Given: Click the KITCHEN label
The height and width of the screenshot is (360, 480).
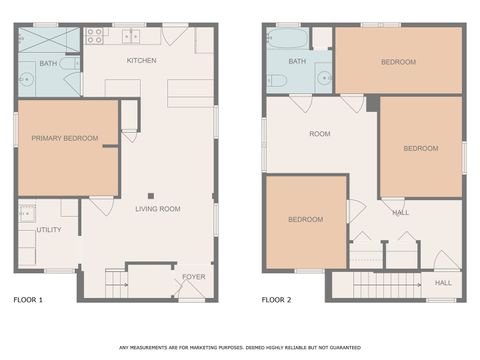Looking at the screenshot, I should [x=140, y=62].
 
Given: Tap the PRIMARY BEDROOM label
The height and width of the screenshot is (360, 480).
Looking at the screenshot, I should [x=64, y=138].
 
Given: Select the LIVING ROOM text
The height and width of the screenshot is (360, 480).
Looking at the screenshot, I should [x=157, y=209].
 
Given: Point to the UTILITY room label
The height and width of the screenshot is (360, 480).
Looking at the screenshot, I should [x=49, y=230].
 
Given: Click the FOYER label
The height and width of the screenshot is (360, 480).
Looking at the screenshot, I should [x=192, y=279].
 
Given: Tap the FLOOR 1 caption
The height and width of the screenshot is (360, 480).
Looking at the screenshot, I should [x=27, y=299].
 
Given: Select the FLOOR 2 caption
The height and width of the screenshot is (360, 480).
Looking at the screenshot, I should [x=277, y=299].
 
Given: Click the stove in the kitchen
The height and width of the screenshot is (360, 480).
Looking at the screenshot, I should [x=96, y=36].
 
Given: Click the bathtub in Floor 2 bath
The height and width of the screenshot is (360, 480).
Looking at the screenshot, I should [x=289, y=38].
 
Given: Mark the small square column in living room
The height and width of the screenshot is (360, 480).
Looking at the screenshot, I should [x=150, y=195].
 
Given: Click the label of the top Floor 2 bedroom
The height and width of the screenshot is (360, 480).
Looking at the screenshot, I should [x=398, y=62].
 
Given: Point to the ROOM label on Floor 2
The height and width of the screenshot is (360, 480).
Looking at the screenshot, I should [x=319, y=133].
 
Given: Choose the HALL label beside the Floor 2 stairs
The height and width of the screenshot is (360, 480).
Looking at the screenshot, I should [x=443, y=283].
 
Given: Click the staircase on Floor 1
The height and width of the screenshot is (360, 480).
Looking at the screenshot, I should [x=117, y=283].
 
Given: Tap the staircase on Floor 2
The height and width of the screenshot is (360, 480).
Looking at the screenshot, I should [x=380, y=284].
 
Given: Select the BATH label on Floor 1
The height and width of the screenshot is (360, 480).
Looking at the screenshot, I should [x=48, y=64].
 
